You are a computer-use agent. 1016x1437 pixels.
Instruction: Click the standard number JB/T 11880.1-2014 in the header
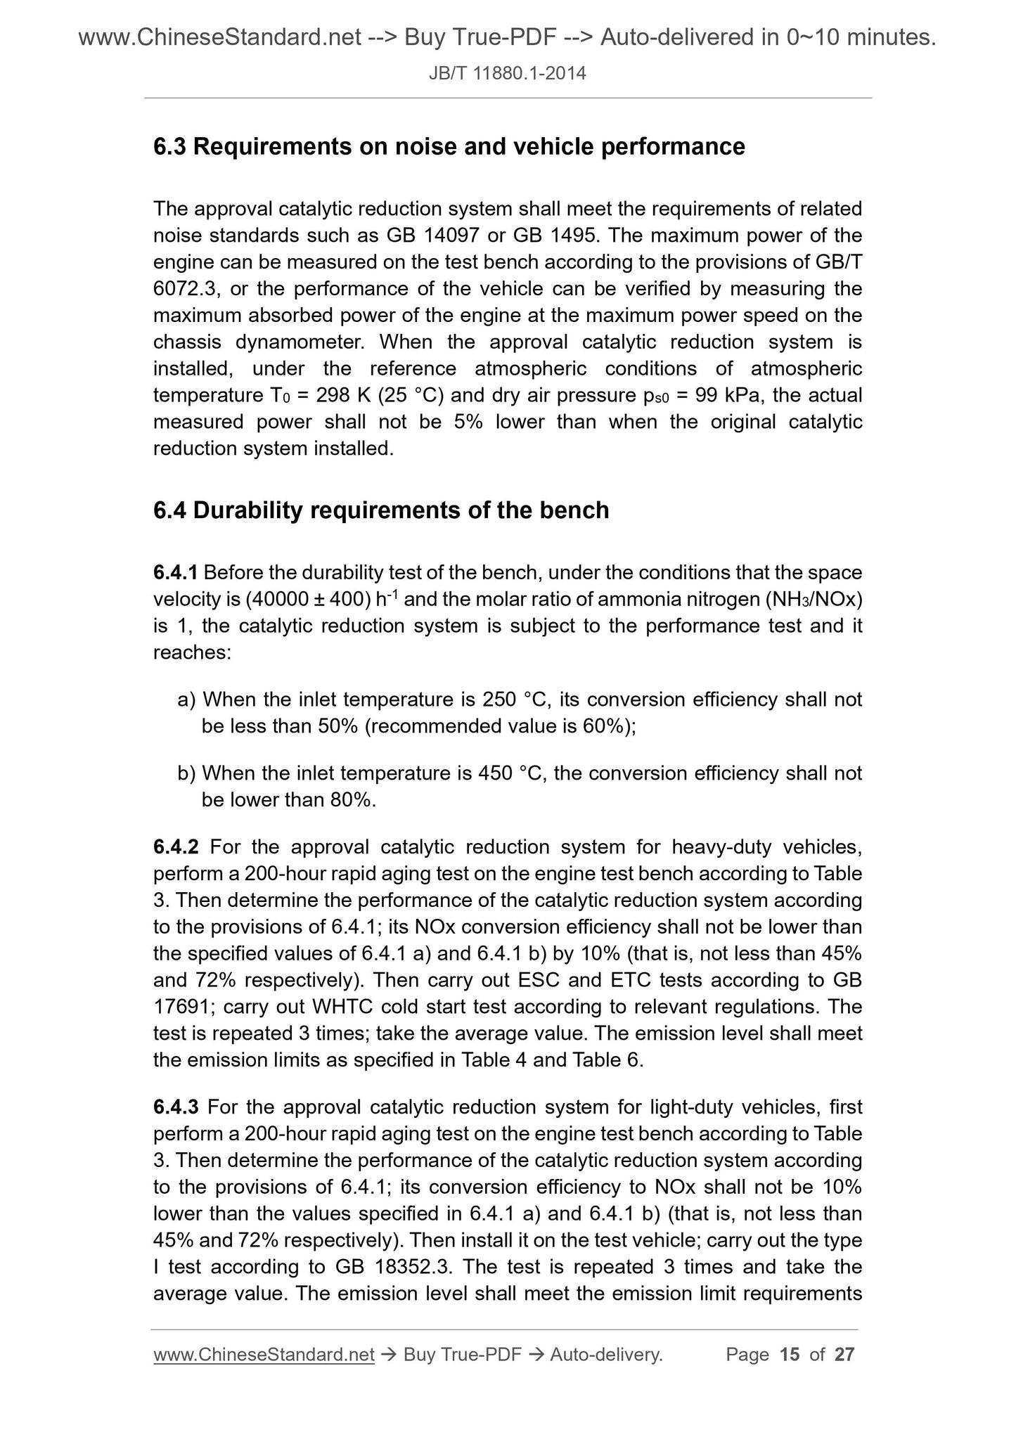508,72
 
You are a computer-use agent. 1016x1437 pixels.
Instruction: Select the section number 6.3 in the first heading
170,147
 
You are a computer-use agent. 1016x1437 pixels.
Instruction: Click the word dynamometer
300,342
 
